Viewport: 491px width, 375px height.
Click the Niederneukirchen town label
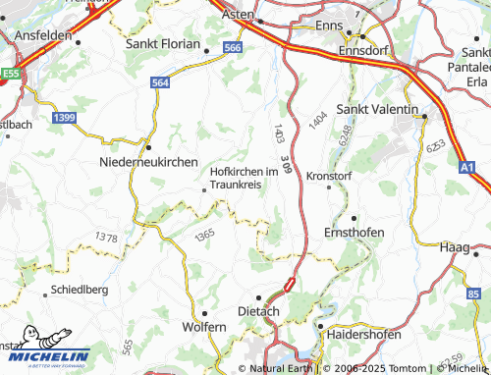[149, 162]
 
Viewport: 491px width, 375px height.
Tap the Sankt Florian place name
[163, 44]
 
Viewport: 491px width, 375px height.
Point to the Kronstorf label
[329, 175]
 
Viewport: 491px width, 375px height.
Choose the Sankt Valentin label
[378, 109]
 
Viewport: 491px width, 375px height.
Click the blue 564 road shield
[161, 83]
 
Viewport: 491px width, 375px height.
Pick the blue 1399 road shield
[65, 118]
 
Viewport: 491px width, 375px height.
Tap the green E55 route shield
[11, 73]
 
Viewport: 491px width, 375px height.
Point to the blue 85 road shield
[475, 295]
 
